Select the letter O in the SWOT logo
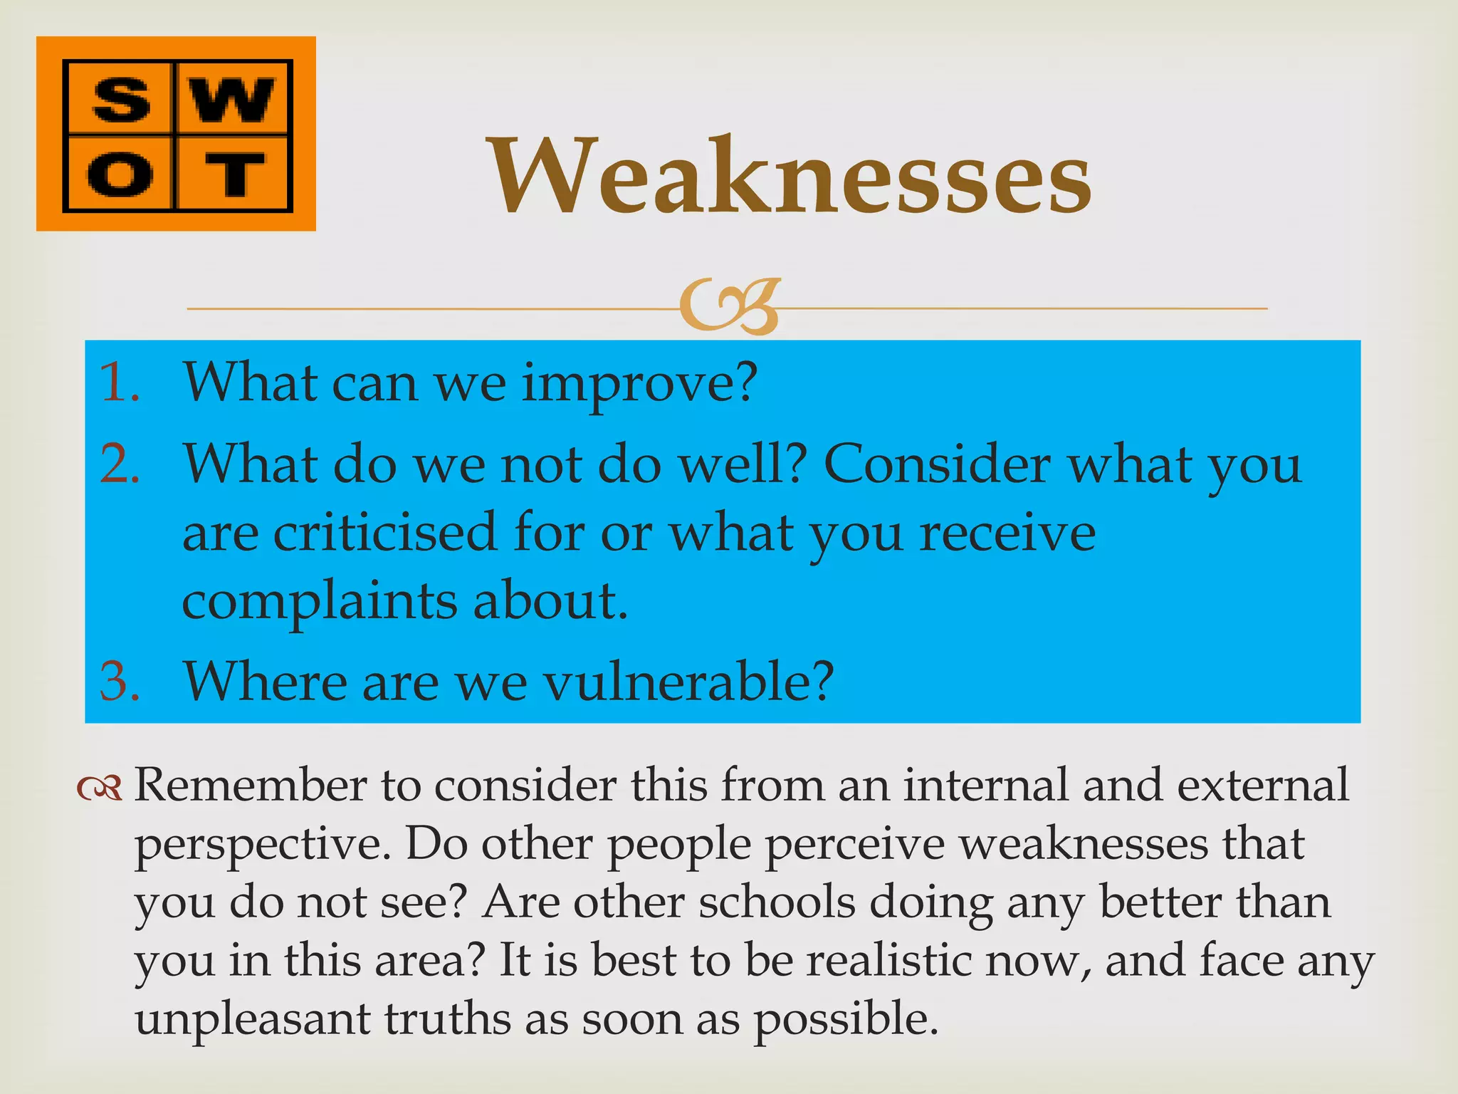[x=120, y=175]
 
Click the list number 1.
[x=118, y=383]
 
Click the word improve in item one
[x=638, y=385]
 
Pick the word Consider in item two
[x=936, y=464]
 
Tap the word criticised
[x=384, y=533]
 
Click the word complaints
[x=319, y=602]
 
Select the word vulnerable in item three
[x=688, y=682]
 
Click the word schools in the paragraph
[x=776, y=902]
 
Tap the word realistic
[x=890, y=961]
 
